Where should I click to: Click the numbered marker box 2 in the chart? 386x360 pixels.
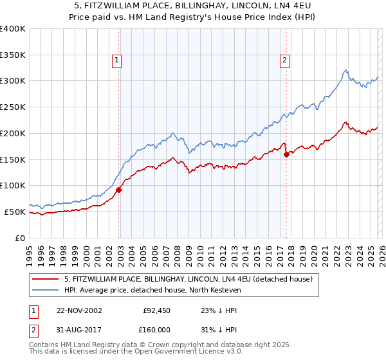click(x=284, y=61)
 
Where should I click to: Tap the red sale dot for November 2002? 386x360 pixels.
click(x=119, y=190)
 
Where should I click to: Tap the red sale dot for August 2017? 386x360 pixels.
click(x=286, y=154)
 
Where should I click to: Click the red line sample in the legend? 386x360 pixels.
click(x=45, y=279)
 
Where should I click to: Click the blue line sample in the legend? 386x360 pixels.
click(x=45, y=291)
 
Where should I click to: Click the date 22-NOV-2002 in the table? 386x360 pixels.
click(x=79, y=310)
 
